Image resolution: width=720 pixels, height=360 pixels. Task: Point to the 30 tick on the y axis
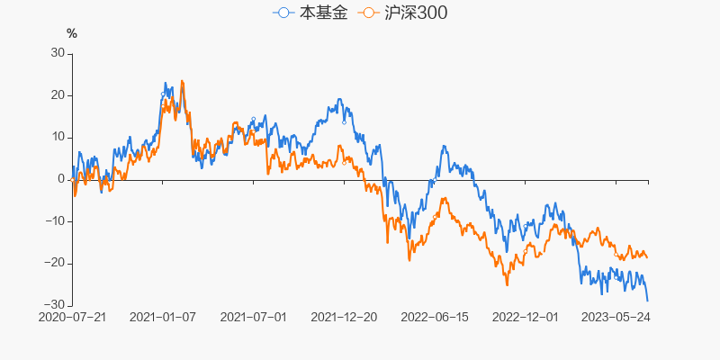click(58, 53)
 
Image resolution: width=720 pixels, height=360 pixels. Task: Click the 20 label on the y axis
click(58, 95)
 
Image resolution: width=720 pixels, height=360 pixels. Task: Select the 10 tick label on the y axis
click(58, 137)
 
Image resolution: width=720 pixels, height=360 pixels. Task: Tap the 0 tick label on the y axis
click(61, 179)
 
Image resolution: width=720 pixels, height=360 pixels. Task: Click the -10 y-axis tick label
click(56, 221)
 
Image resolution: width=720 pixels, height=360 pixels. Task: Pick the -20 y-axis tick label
click(56, 263)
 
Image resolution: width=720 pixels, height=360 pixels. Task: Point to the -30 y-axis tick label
click(56, 305)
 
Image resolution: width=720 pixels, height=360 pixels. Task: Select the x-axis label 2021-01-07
click(163, 318)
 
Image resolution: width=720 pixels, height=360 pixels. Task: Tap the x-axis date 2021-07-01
click(254, 318)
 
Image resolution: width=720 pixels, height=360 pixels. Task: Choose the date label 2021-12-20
click(345, 318)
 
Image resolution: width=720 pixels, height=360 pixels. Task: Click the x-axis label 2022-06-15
click(436, 318)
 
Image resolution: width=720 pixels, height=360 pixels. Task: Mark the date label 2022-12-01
click(526, 318)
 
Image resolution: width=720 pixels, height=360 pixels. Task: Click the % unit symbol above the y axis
click(72, 34)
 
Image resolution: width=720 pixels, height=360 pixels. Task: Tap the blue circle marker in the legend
click(284, 13)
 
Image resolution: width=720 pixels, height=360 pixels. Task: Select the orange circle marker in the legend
click(368, 13)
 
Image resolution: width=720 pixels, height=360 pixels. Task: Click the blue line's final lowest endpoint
click(647, 300)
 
